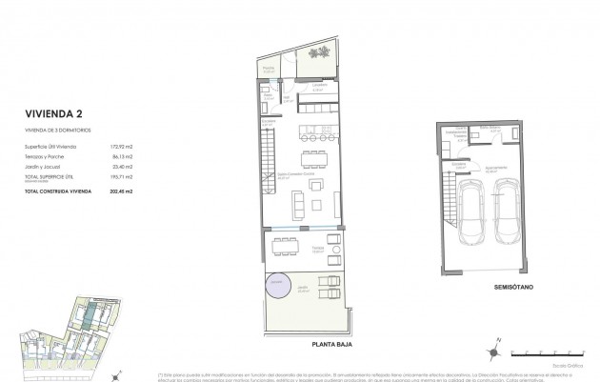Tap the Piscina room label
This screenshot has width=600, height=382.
coord(269,69)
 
